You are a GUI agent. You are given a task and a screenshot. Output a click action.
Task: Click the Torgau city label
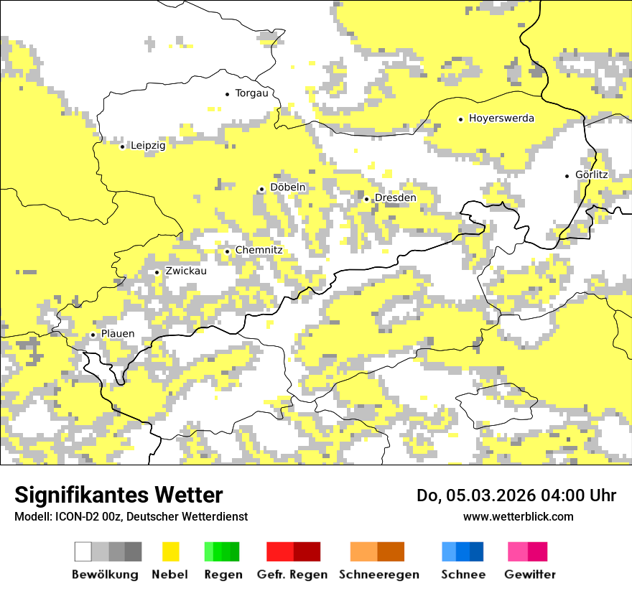click(x=251, y=93)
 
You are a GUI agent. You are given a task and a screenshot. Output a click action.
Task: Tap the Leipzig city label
click(x=148, y=146)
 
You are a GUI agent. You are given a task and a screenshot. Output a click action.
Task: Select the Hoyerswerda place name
click(x=501, y=118)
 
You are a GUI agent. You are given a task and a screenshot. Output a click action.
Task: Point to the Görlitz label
click(x=591, y=174)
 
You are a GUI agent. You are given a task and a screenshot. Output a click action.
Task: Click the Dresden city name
click(x=395, y=197)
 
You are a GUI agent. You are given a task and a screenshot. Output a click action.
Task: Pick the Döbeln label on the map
click(x=287, y=187)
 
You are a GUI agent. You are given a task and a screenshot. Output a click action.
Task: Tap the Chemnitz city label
click(x=259, y=250)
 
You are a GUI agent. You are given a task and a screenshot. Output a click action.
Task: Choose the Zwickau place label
click(x=185, y=271)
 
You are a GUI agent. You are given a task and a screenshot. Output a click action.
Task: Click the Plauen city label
click(x=117, y=334)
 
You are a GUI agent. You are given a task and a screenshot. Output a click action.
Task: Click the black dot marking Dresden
click(x=366, y=199)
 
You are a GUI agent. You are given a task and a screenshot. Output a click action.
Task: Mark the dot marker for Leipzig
click(x=122, y=146)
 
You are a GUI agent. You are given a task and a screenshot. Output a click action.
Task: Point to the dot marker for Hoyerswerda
click(x=460, y=119)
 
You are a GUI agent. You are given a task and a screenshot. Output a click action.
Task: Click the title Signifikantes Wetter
click(x=118, y=495)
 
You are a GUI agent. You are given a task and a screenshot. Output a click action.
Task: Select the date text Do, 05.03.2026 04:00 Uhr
click(x=516, y=495)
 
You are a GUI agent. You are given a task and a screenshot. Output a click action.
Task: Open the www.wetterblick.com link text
click(x=518, y=516)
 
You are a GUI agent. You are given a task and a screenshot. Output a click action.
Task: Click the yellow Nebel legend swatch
click(x=170, y=551)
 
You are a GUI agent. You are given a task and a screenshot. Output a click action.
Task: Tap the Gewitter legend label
click(x=529, y=574)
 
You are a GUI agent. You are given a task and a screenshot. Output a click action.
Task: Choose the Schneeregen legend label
click(x=378, y=574)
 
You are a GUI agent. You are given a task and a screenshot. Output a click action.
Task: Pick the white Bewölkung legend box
click(x=83, y=551)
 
